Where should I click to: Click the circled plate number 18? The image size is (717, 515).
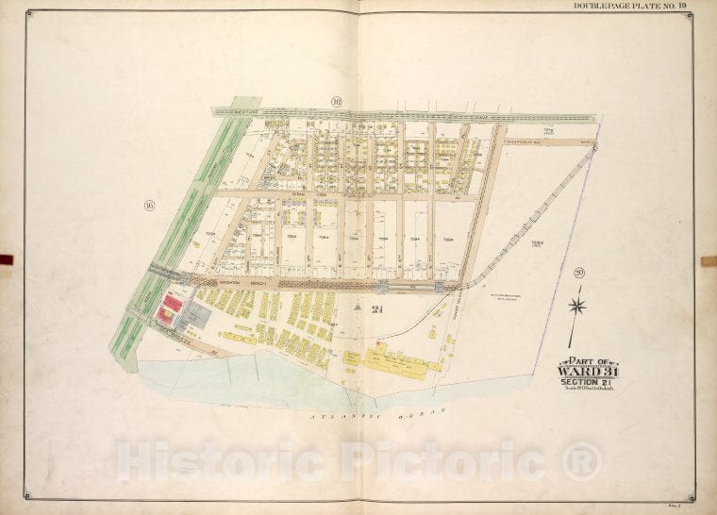tap(336, 101)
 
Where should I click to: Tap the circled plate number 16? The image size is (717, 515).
tap(149, 204)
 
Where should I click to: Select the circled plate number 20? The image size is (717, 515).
tap(577, 273)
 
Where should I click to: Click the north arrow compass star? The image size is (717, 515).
tap(577, 305)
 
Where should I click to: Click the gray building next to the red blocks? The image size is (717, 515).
tap(196, 316)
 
